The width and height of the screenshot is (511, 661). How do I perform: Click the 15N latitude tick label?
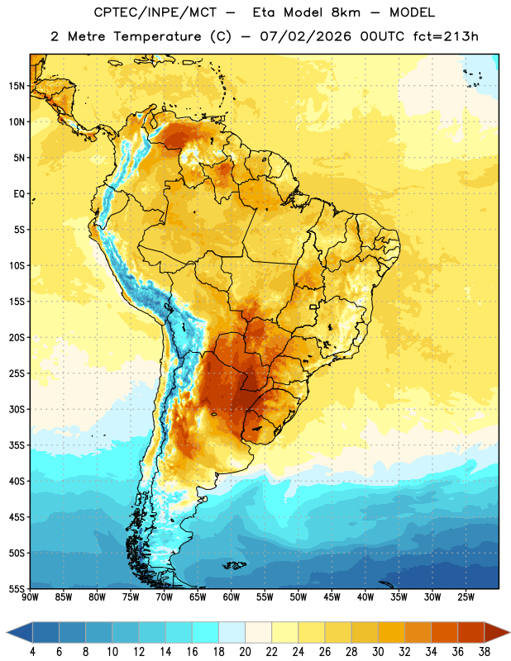click(x=17, y=86)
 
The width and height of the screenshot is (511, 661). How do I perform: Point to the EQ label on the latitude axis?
click(x=19, y=194)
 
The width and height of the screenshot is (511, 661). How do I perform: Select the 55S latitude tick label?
click(x=17, y=588)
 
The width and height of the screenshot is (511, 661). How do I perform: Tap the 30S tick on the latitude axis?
click(x=17, y=409)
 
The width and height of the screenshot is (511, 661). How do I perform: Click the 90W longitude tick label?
click(x=30, y=597)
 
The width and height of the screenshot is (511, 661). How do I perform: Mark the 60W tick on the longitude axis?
click(x=232, y=597)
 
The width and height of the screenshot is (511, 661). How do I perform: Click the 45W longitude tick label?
click(x=332, y=597)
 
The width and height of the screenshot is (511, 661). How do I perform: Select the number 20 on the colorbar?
click(x=245, y=652)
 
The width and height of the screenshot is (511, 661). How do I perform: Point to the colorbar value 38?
click(x=485, y=652)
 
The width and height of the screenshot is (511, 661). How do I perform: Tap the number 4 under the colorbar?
click(x=32, y=652)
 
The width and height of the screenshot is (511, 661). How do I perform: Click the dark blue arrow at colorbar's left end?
click(x=20, y=633)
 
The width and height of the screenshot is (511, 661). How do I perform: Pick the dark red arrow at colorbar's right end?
click(x=498, y=633)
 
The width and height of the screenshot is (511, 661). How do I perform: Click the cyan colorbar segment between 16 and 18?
click(x=205, y=633)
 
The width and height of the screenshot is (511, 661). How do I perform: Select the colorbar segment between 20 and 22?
click(x=258, y=633)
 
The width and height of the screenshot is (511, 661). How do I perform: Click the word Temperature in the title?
click(x=158, y=36)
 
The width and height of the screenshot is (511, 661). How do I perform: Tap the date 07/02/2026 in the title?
click(x=306, y=36)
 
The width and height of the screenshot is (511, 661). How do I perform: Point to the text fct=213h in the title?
click(x=446, y=36)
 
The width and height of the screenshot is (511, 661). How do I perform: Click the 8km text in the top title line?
click(x=346, y=12)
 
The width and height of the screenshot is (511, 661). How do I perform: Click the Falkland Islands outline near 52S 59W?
click(x=234, y=565)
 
